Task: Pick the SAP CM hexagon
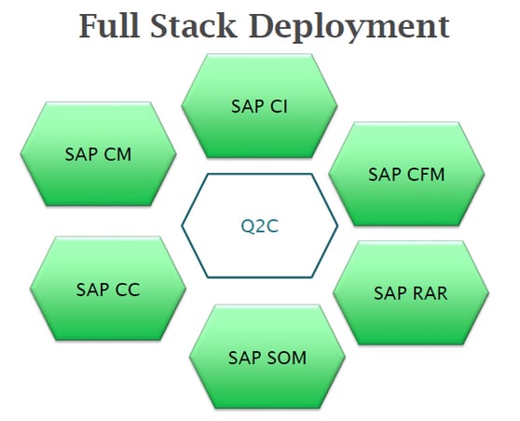pyautogui.click(x=99, y=154)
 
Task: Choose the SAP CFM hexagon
pyautogui.click(x=407, y=173)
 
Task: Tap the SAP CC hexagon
pyautogui.click(x=108, y=289)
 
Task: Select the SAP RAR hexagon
pyautogui.click(x=411, y=292)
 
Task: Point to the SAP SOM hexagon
pyautogui.click(x=267, y=357)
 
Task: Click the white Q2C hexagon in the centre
pyautogui.click(x=259, y=224)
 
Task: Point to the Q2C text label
pyautogui.click(x=260, y=224)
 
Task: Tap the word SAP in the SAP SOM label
pyautogui.click(x=246, y=357)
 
